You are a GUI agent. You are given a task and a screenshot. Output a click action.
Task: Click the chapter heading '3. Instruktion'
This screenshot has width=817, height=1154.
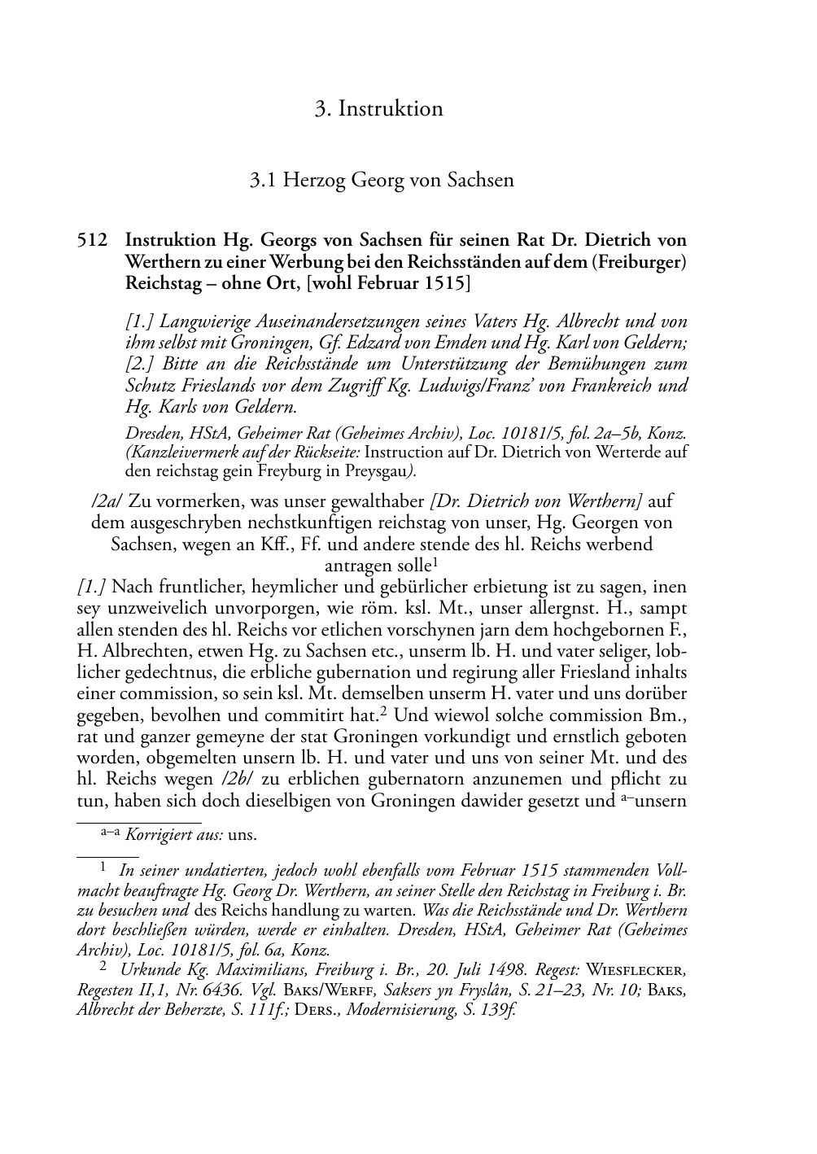(x=378, y=108)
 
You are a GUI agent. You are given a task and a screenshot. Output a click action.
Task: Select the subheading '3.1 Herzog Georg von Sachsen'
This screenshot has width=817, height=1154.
(x=382, y=179)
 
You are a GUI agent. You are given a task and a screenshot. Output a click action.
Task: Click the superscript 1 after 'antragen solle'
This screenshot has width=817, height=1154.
(x=436, y=560)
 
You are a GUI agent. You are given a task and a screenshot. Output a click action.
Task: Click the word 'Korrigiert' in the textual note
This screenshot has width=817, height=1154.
(x=155, y=834)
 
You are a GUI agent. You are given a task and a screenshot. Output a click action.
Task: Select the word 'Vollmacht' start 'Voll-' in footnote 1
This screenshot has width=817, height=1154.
(x=667, y=869)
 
